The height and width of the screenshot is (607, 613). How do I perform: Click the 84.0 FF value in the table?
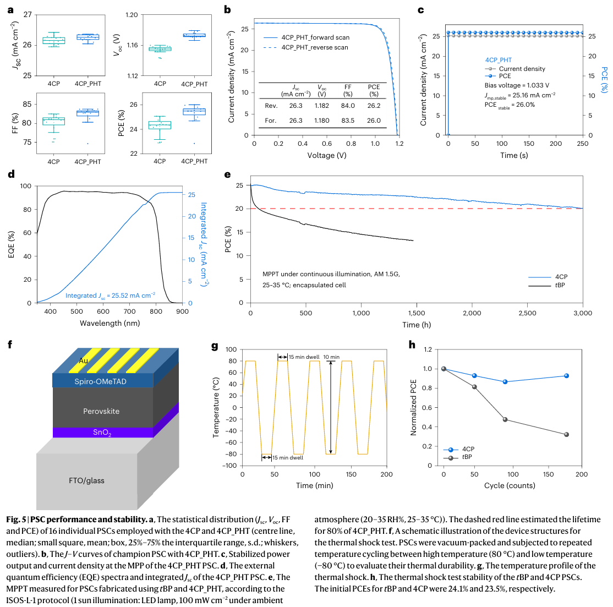[348, 106]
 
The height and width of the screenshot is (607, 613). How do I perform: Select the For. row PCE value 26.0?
[374, 121]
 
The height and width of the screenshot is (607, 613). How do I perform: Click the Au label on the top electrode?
[84, 360]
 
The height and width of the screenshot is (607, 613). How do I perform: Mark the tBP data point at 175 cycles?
[566, 435]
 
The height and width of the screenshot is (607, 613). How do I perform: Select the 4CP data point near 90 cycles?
[506, 382]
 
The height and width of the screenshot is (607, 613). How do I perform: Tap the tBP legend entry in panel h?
[467, 457]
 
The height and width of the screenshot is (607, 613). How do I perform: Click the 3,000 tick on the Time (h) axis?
[583, 313]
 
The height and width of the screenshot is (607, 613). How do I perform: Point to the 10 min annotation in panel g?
[331, 357]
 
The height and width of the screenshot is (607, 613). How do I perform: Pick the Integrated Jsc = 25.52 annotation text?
[110, 296]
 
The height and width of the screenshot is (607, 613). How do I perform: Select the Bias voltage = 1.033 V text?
[517, 86]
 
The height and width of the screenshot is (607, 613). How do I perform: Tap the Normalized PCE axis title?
[414, 407]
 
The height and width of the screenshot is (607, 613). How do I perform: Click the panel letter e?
[227, 175]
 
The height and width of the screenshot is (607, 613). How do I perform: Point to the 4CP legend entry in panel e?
[561, 277]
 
